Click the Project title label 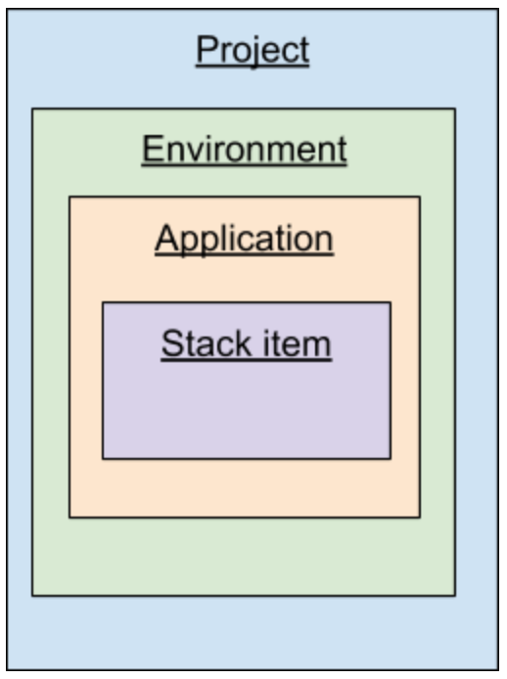pyautogui.click(x=253, y=50)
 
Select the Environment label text pyautogui.click(x=245, y=149)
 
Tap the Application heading pyautogui.click(x=245, y=239)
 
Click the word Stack pyautogui.click(x=207, y=343)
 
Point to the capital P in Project pyautogui.click(x=206, y=49)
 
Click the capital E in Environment pyautogui.click(x=152, y=149)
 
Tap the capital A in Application pyautogui.click(x=167, y=238)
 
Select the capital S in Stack pyautogui.click(x=172, y=343)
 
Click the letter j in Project pyautogui.click(x=255, y=53)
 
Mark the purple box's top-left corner pyautogui.click(x=103, y=302)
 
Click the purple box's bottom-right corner pyautogui.click(x=391, y=458)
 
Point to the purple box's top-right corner pyautogui.click(x=391, y=302)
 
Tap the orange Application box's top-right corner pyautogui.click(x=420, y=197)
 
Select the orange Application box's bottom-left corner pyautogui.click(x=69, y=517)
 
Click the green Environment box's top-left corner pyautogui.click(x=32, y=109)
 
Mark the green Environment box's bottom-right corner pyautogui.click(x=455, y=596)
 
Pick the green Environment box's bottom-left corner pyautogui.click(x=32, y=596)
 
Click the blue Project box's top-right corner pyautogui.click(x=498, y=10)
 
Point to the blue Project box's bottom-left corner pyautogui.click(x=7, y=670)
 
